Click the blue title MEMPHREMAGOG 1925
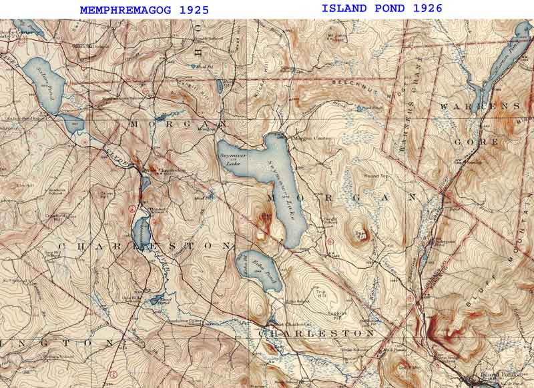tap(144, 10)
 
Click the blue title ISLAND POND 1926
tap(382, 8)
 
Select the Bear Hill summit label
tap(361, 233)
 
